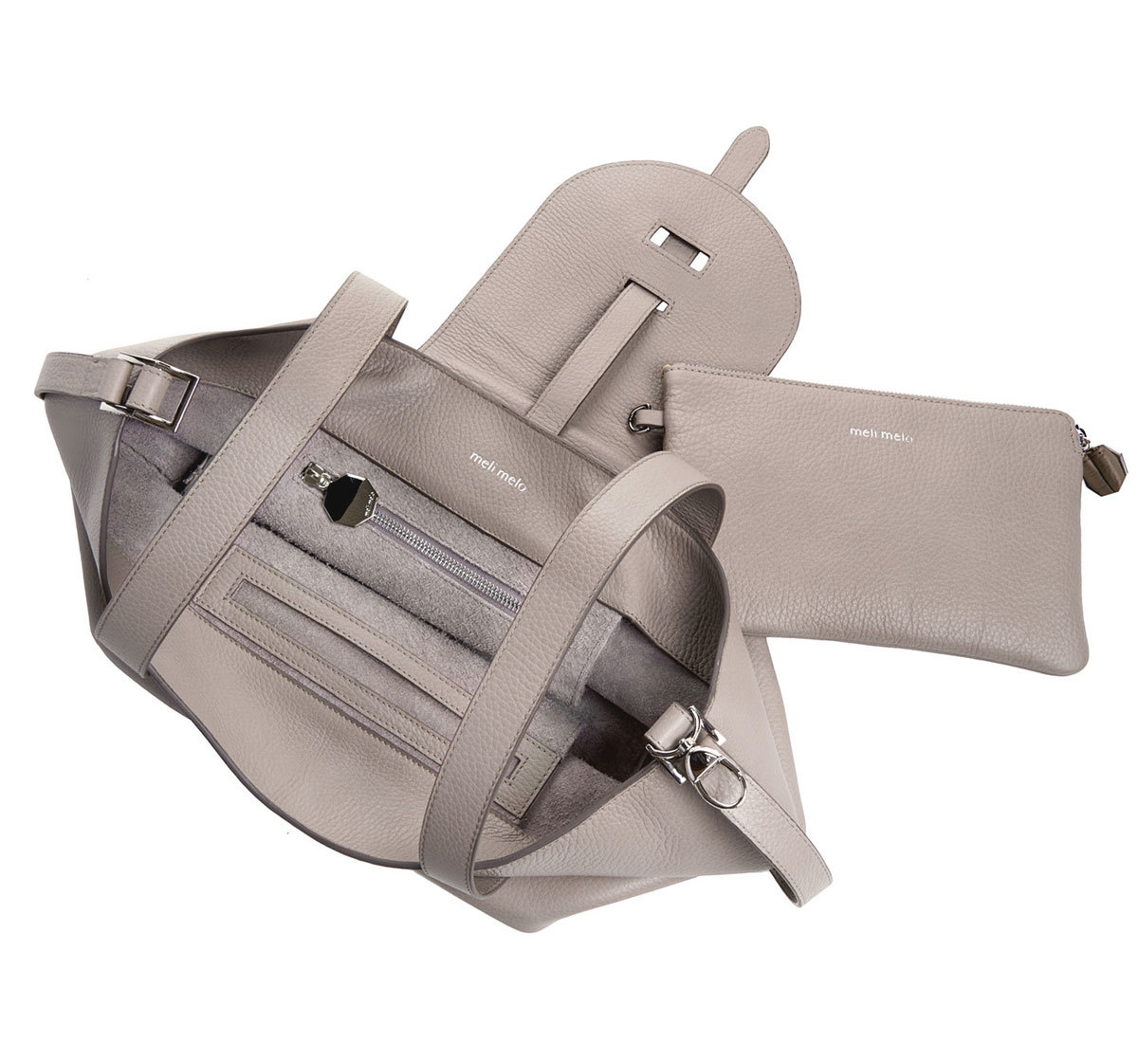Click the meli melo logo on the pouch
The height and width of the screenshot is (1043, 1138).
[x=881, y=434]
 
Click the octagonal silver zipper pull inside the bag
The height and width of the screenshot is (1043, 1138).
[x=352, y=500]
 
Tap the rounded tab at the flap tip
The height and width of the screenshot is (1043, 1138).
[x=742, y=157]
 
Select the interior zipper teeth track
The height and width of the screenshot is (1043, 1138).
[x=450, y=558]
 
